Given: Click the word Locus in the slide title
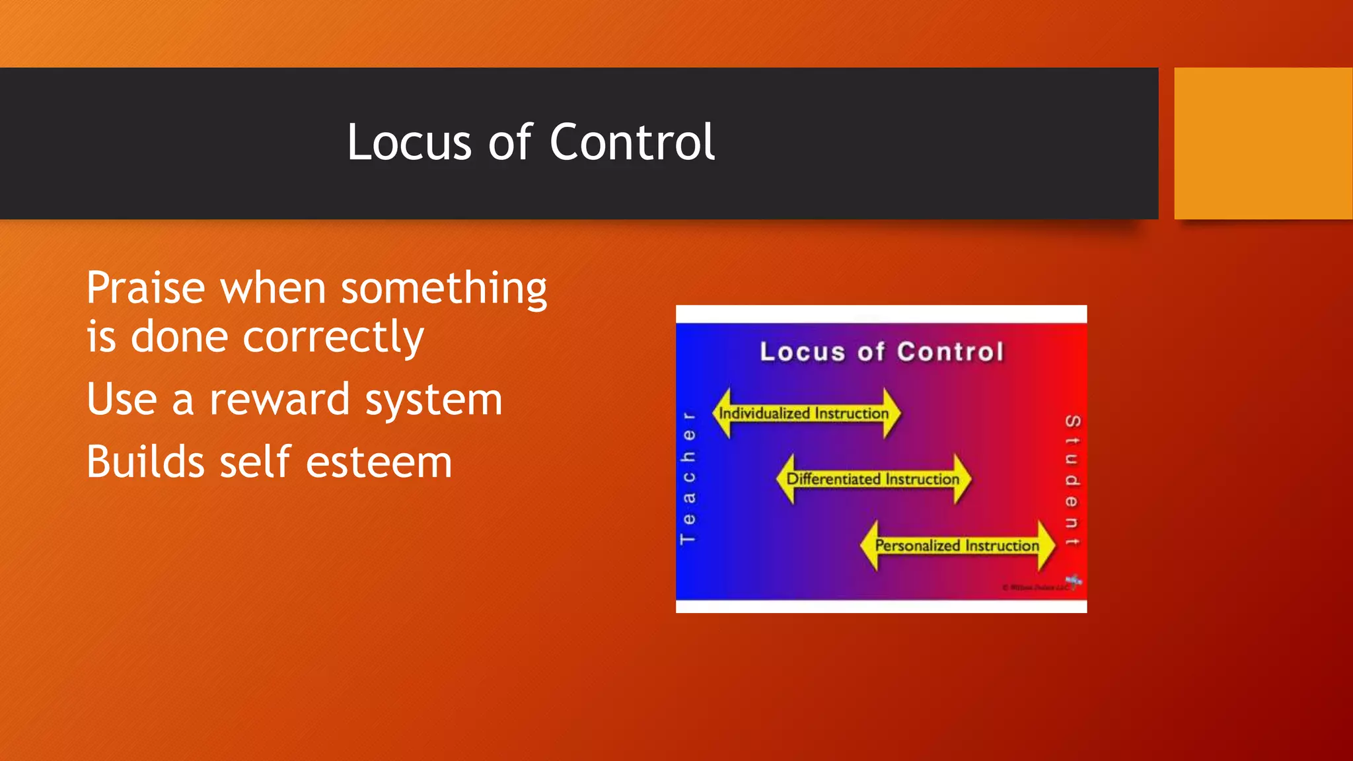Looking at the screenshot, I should point(409,142).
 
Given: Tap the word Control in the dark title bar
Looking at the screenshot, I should point(632,142).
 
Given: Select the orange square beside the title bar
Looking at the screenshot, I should point(1262,143).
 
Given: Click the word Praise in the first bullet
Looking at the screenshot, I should point(146,289).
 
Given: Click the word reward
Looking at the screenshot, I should point(279,400).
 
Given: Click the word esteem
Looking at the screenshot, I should point(379,462).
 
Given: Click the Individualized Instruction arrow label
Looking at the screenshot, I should point(804,414).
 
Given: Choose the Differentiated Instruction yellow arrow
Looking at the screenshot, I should point(873,479).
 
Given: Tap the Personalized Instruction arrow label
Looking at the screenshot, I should point(957,546).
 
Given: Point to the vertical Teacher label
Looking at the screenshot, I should point(688,478).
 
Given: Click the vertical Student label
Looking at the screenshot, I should point(1072,480).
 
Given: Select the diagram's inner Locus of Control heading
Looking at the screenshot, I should point(881,351).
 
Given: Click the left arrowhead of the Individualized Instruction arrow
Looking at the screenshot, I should point(723,414).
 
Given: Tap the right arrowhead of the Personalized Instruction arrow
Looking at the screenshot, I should point(1046,546).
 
